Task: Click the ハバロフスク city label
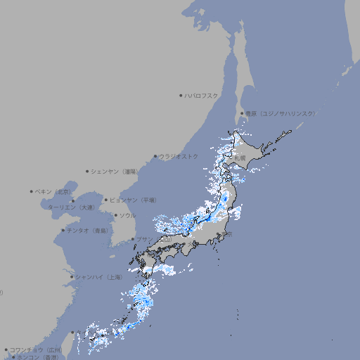point(201,95)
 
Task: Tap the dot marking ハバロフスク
point(181,95)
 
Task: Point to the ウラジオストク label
point(179,156)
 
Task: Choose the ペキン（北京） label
point(54,191)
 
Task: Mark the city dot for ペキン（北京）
point(32,191)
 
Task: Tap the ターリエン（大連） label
point(71,207)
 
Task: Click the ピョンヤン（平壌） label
point(134,200)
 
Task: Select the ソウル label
point(127,215)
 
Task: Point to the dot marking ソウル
point(115,215)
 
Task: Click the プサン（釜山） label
point(153,240)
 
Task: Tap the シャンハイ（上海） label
point(98,277)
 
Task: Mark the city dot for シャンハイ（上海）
point(72,277)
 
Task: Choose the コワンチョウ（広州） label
point(36,349)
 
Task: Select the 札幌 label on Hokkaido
point(241,157)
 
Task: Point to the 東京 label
point(226,234)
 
